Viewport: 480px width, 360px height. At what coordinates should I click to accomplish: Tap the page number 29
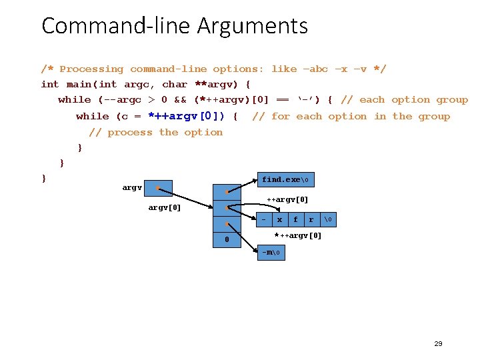[438, 344]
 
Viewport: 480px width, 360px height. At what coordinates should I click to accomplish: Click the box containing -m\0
[272, 252]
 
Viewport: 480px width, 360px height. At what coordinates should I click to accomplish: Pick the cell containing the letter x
[279, 219]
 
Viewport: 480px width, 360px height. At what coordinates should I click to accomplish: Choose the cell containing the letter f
[295, 219]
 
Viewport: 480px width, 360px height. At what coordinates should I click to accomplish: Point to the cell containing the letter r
[311, 219]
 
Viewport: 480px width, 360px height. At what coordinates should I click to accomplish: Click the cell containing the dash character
[264, 219]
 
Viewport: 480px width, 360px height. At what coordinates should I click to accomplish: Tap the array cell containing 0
[227, 239]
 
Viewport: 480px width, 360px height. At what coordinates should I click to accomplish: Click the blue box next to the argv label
[159, 188]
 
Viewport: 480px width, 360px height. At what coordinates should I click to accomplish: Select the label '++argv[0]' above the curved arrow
[287, 200]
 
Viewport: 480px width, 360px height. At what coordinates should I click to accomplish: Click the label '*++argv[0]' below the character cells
[298, 235]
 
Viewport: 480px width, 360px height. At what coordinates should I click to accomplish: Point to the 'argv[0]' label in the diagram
[163, 207]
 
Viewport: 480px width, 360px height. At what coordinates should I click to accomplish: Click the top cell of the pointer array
[227, 191]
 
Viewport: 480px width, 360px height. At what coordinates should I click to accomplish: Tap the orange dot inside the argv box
[157, 188]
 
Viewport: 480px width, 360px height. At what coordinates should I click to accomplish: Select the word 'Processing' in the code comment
[91, 69]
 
